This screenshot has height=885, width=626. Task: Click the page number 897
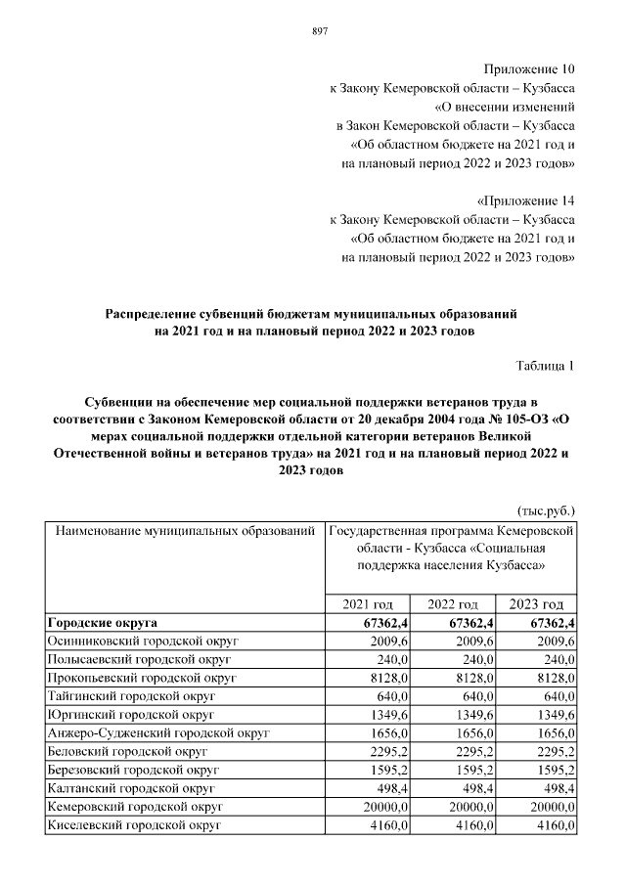[319, 31]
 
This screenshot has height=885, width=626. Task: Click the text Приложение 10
[529, 69]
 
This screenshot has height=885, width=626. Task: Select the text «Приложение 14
[524, 199]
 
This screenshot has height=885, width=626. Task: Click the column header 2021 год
[368, 604]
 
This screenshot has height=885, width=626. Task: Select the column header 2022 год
[453, 604]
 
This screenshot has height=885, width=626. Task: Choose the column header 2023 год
[537, 604]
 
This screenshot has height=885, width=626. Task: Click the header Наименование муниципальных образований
[183, 533]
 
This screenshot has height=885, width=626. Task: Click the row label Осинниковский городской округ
[144, 642]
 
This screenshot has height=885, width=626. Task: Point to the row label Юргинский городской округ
[130, 715]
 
